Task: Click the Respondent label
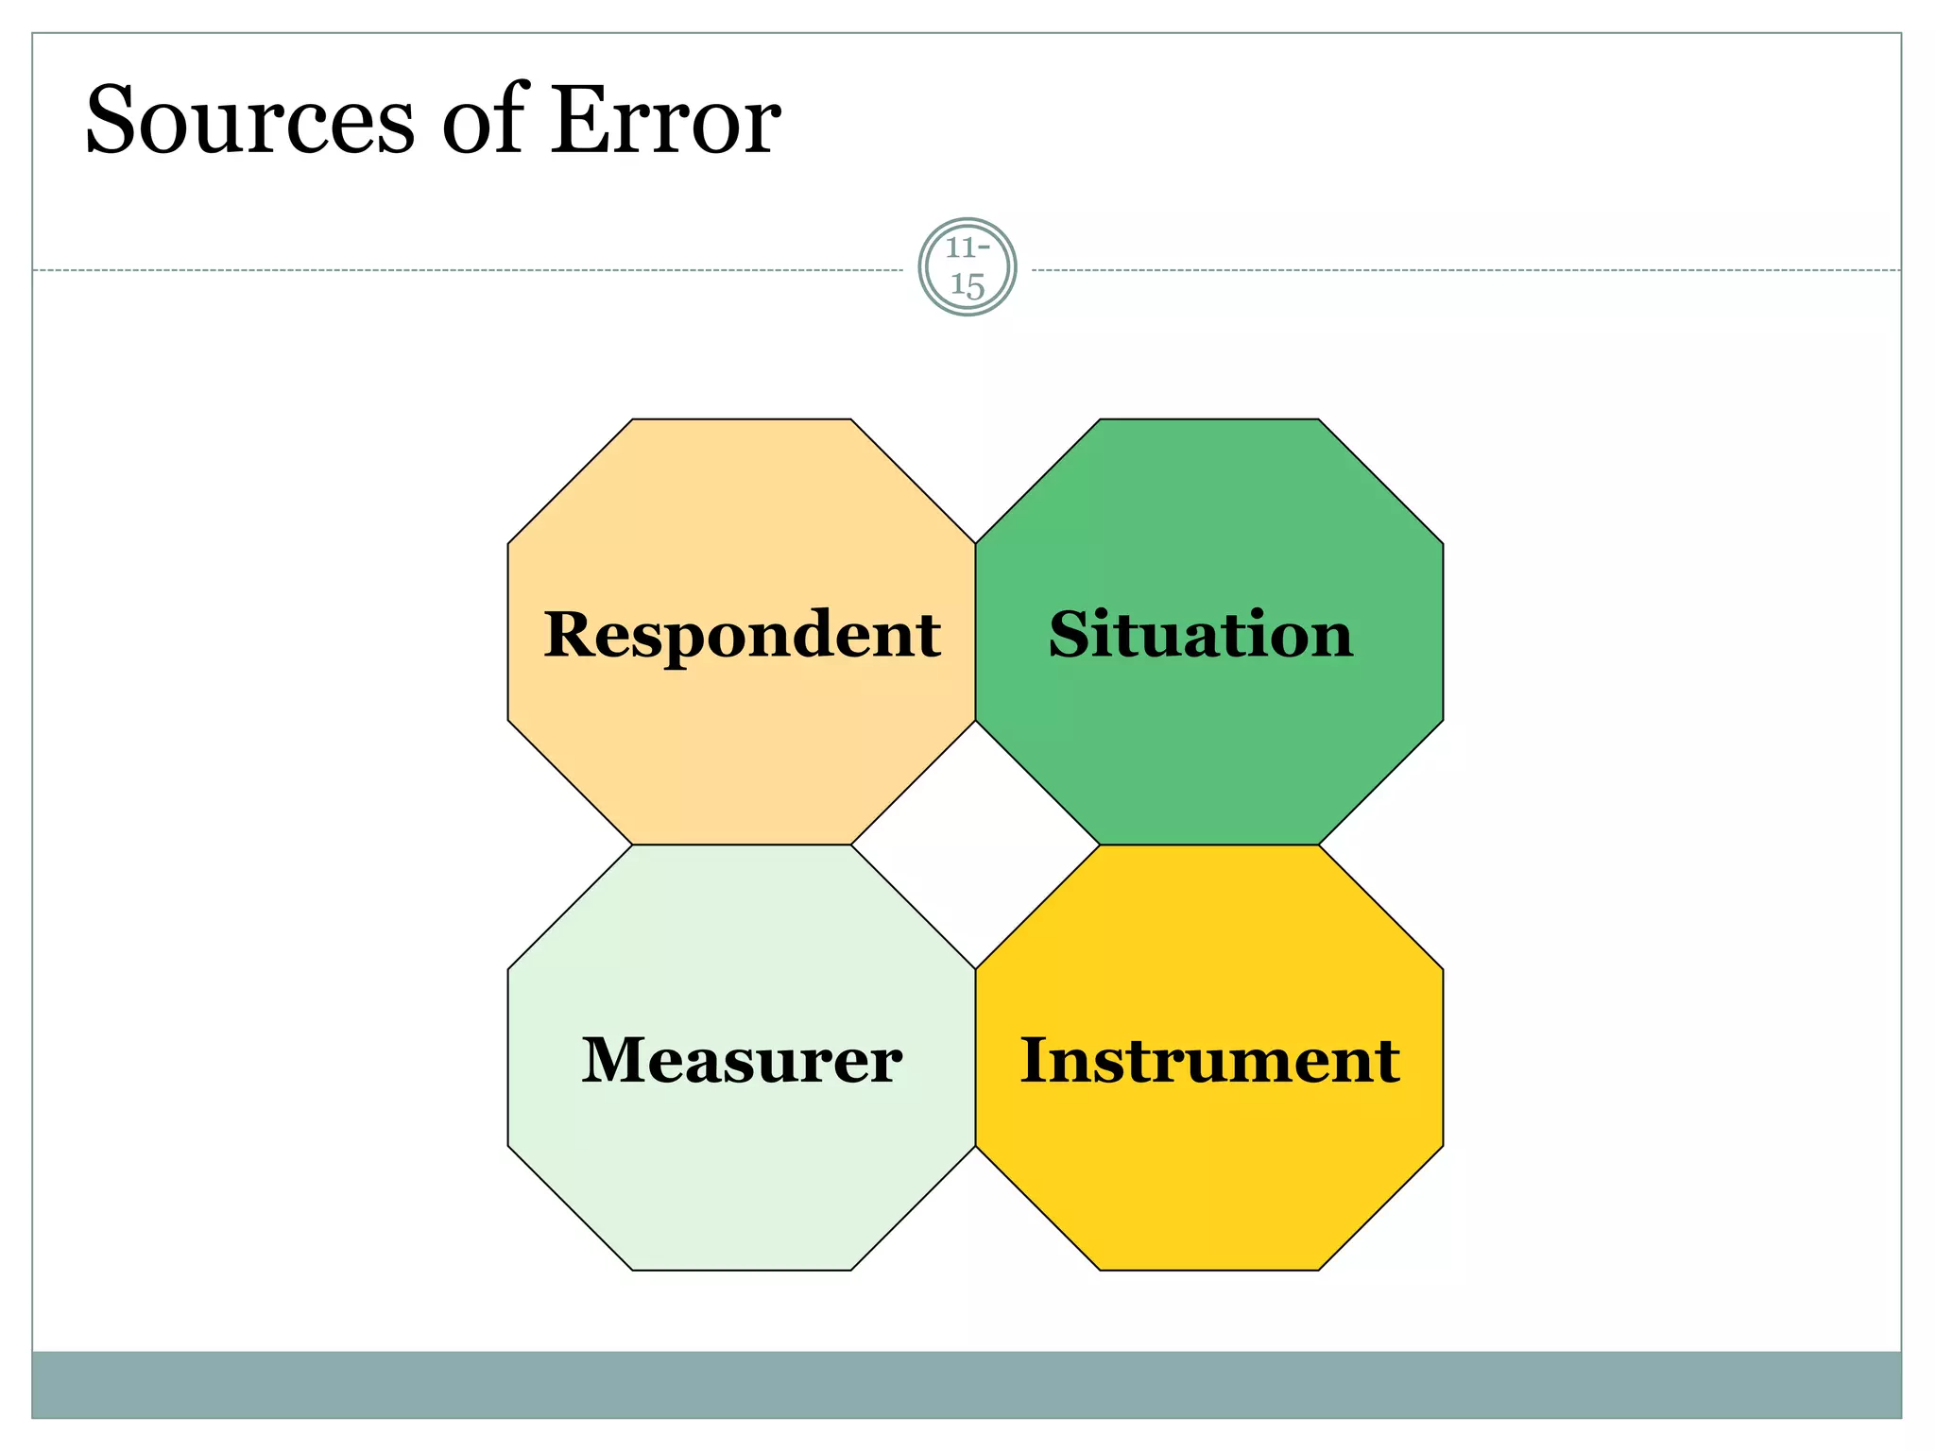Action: pos(742,635)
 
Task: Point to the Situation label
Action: pos(1201,635)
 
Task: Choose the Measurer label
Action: pos(742,1061)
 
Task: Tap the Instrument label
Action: pos(1209,1061)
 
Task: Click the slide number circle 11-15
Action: pos(967,267)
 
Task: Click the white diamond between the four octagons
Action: pos(975,845)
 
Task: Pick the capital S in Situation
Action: pos(1071,635)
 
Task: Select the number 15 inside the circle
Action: pos(967,284)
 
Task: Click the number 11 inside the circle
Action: pos(961,248)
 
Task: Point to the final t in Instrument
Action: pos(1389,1063)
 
